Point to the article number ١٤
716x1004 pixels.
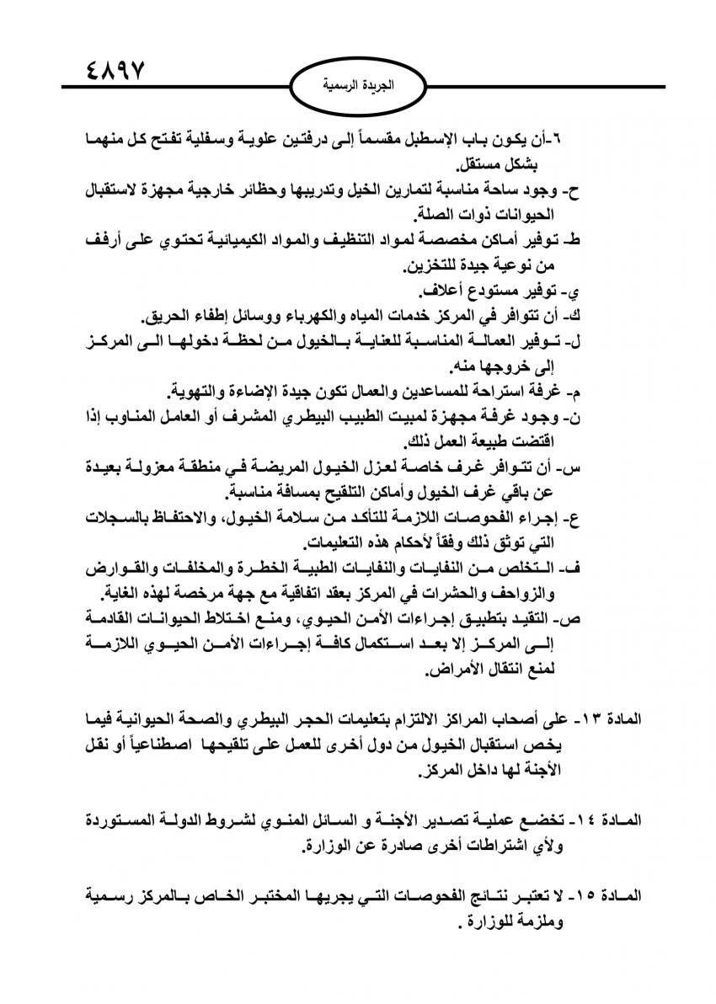[x=596, y=820]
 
